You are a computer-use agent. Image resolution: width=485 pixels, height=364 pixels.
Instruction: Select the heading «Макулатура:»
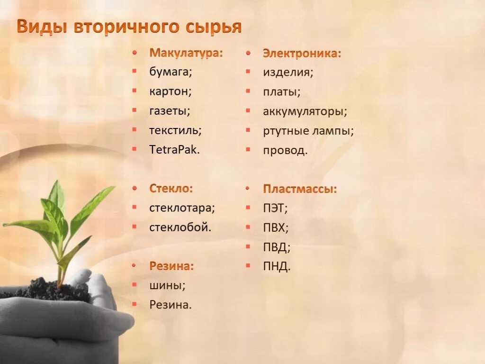click(186, 53)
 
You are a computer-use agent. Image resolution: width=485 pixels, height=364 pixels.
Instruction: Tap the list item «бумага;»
click(171, 72)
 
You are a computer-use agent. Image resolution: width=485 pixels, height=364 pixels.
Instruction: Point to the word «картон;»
click(171, 91)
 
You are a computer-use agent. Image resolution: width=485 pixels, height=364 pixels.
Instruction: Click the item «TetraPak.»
click(174, 150)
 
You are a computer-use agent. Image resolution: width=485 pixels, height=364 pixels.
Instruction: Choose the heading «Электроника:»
click(302, 53)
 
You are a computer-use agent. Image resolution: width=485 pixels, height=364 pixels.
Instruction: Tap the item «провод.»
click(285, 150)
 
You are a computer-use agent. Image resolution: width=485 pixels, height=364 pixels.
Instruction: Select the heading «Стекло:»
click(171, 188)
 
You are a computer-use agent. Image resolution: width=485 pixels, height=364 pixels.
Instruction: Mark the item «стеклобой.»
click(180, 227)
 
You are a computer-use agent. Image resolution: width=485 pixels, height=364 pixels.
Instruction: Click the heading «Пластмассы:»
click(300, 189)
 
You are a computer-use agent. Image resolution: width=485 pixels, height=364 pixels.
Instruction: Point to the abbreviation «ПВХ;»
click(276, 227)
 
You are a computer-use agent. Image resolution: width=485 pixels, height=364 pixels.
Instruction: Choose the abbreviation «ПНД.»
click(277, 266)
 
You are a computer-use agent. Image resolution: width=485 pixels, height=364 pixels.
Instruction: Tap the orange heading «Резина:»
click(171, 266)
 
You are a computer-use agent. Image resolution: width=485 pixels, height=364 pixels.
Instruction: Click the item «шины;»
click(167, 285)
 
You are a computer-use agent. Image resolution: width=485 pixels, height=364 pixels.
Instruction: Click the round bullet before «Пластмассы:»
click(248, 189)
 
